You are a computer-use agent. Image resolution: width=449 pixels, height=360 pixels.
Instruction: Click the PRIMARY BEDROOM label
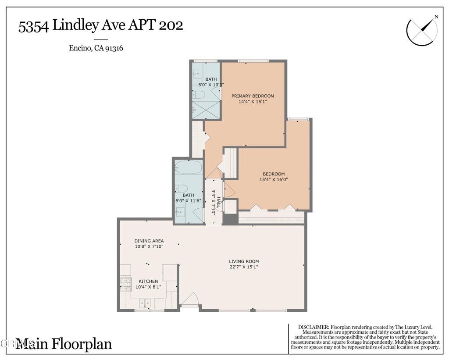[253, 96]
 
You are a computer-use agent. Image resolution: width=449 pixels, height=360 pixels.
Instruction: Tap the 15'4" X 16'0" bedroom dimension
[274, 179]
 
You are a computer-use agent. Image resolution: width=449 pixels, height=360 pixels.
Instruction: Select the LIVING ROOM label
[244, 262]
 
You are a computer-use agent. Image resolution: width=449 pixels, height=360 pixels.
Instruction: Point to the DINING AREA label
[149, 241]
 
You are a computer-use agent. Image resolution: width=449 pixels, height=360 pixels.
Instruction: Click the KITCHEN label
[148, 281]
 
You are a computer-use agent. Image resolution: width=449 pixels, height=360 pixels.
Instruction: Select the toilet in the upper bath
[200, 95]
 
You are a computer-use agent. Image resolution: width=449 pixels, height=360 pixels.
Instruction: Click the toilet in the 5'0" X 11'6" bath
[182, 189]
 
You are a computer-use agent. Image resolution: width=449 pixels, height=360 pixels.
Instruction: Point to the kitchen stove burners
[125, 284]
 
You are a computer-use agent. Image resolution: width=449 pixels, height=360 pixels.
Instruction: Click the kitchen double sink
[145, 303]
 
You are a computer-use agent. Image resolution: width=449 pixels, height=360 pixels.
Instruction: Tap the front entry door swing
[190, 300]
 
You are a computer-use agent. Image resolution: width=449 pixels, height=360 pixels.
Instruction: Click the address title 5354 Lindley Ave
[100, 25]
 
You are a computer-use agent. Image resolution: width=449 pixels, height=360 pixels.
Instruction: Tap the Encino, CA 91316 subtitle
[96, 48]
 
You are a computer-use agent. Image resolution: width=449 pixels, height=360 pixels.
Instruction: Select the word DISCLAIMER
[313, 328]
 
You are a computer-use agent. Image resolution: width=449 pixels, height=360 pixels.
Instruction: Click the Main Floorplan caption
[64, 344]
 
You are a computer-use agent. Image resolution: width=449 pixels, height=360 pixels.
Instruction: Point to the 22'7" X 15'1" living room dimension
[244, 267]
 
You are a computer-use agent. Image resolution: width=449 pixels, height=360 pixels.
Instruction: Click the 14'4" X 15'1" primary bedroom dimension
[253, 101]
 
